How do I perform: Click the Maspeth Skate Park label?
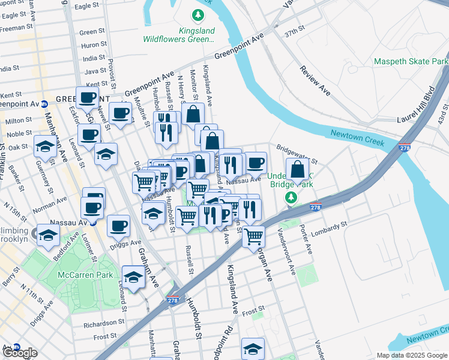tap(411, 61)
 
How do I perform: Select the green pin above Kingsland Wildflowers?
tap(196, 14)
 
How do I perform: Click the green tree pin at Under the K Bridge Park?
tap(292, 198)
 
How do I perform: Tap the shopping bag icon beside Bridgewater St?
tap(297, 170)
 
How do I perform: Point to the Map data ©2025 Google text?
tap(412, 355)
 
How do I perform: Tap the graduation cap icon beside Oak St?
tap(46, 145)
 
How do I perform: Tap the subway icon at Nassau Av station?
tap(94, 221)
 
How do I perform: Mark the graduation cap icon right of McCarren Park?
tap(134, 276)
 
